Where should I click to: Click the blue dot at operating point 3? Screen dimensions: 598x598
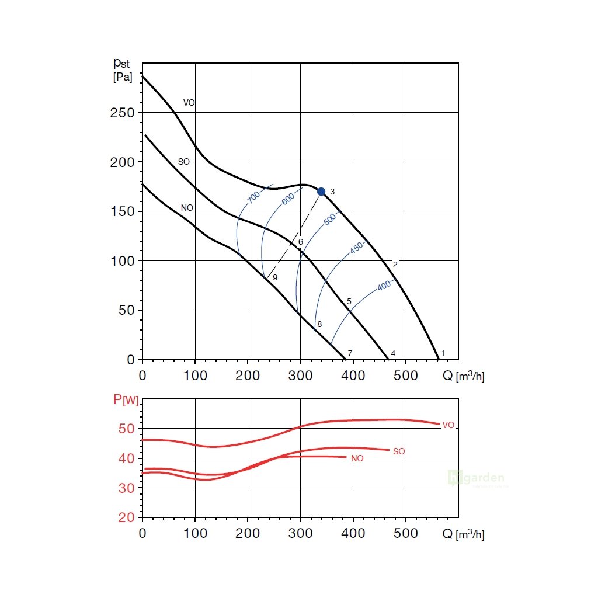tap(321, 192)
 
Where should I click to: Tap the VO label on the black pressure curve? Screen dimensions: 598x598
tap(189, 103)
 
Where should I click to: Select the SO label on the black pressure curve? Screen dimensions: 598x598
tap(183, 162)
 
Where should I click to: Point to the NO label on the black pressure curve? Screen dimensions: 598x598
tap(187, 208)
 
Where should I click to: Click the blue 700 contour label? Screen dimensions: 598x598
tap(253, 197)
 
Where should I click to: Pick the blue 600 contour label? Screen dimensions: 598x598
tap(288, 199)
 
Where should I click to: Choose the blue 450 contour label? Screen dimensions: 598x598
tap(356, 248)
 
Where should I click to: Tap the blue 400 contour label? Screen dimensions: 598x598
tap(384, 286)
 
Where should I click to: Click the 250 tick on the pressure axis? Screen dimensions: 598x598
tap(123, 113)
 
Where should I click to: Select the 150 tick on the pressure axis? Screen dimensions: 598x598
tap(123, 211)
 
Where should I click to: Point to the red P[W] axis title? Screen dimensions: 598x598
tap(126, 399)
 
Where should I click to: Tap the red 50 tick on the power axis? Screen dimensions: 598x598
tap(127, 429)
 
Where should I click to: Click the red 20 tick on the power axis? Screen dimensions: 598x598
tap(127, 517)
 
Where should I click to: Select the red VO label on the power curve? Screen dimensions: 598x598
tap(448, 425)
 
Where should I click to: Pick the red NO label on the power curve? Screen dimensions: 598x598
tap(357, 458)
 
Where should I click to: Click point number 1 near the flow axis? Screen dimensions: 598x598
tap(443, 353)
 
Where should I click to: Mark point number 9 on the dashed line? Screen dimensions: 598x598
tap(274, 277)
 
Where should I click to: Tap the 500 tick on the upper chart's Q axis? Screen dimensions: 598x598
tap(406, 376)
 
